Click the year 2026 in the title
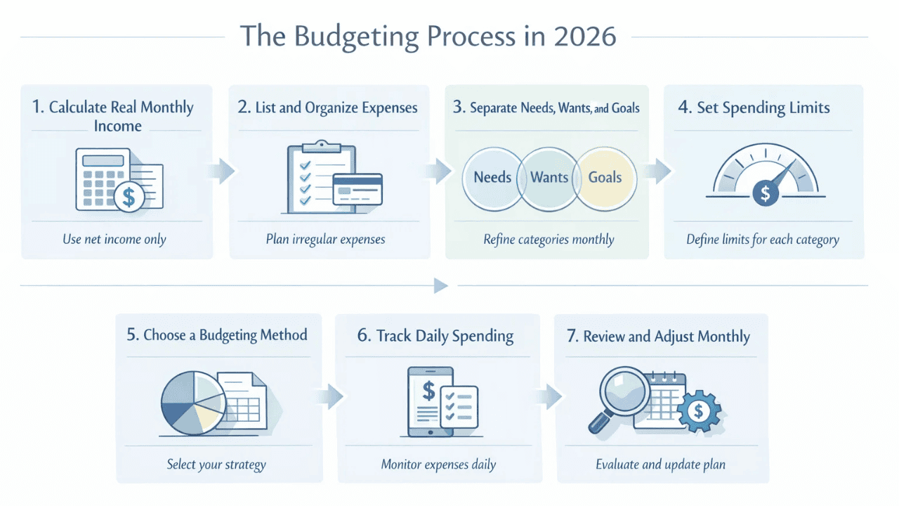584,37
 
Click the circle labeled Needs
492,177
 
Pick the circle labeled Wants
549,177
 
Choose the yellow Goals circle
605,177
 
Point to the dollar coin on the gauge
764,192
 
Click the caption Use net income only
114,239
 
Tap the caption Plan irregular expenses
326,239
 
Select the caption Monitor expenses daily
438,465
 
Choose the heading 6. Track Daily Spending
435,336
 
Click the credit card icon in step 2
357,188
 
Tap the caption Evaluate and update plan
660,465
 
